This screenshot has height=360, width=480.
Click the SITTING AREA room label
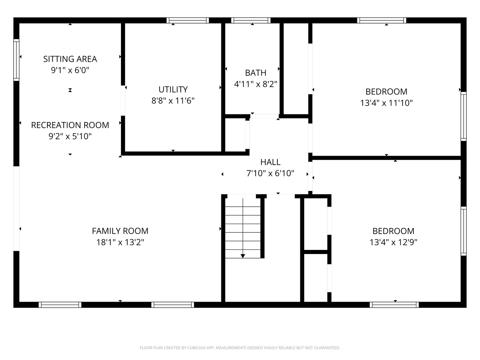70,59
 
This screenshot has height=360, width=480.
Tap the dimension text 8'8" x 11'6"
173,101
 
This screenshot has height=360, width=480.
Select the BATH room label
256,73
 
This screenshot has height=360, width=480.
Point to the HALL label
270,162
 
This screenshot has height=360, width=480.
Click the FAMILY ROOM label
120,231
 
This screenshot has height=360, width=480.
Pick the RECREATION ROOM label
70,125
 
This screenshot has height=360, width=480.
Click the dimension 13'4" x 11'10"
386,103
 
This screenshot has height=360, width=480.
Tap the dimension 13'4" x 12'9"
393,242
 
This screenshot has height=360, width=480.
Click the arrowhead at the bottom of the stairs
243,256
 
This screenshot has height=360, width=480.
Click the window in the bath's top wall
251,20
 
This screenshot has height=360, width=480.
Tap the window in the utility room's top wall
188,20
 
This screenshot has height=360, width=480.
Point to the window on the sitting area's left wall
16,60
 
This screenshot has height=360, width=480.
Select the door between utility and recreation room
123,101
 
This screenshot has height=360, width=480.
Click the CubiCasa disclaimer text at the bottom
240,348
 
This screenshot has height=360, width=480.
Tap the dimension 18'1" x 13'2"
120,242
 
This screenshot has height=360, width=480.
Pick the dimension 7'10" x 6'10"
270,173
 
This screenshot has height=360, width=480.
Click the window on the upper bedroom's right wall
463,116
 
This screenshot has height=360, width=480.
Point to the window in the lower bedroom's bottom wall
394,305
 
